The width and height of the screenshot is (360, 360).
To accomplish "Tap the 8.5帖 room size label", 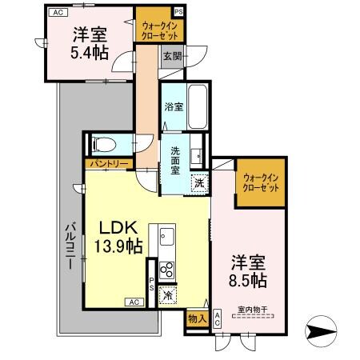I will point(249,282).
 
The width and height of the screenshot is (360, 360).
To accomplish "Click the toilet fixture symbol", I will point(102,146).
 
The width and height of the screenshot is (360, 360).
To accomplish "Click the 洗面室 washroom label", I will point(175,157).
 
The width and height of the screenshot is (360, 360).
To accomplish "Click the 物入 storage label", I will point(196,318).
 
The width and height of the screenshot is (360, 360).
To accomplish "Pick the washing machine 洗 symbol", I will point(199,182).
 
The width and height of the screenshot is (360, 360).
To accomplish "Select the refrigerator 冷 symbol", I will point(168,295).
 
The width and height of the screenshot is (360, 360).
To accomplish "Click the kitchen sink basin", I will point(167,236).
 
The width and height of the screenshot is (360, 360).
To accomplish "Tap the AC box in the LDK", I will point(134,302).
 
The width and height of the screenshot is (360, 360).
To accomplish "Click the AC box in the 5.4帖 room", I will point(56,12).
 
